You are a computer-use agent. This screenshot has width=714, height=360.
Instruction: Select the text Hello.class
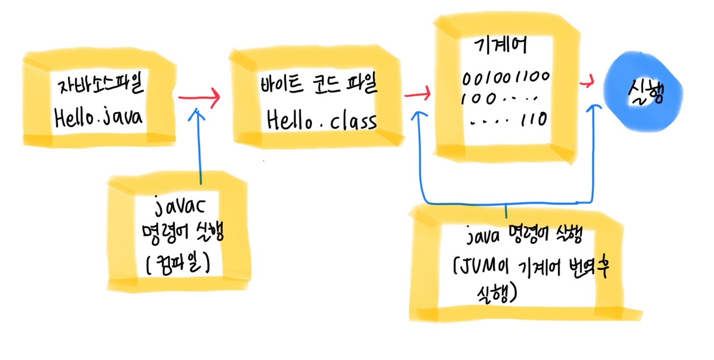(x=321, y=119)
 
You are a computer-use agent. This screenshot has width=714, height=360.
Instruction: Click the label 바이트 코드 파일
(x=319, y=87)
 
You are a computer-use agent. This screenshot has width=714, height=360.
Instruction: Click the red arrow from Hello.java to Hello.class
(x=199, y=98)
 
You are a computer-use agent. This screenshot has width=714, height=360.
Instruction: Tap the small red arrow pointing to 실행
(x=586, y=83)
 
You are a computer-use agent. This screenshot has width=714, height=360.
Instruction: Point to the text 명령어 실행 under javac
(x=182, y=234)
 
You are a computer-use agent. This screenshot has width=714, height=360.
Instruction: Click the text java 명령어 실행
(x=523, y=237)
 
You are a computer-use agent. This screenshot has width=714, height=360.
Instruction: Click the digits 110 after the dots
(x=534, y=119)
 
